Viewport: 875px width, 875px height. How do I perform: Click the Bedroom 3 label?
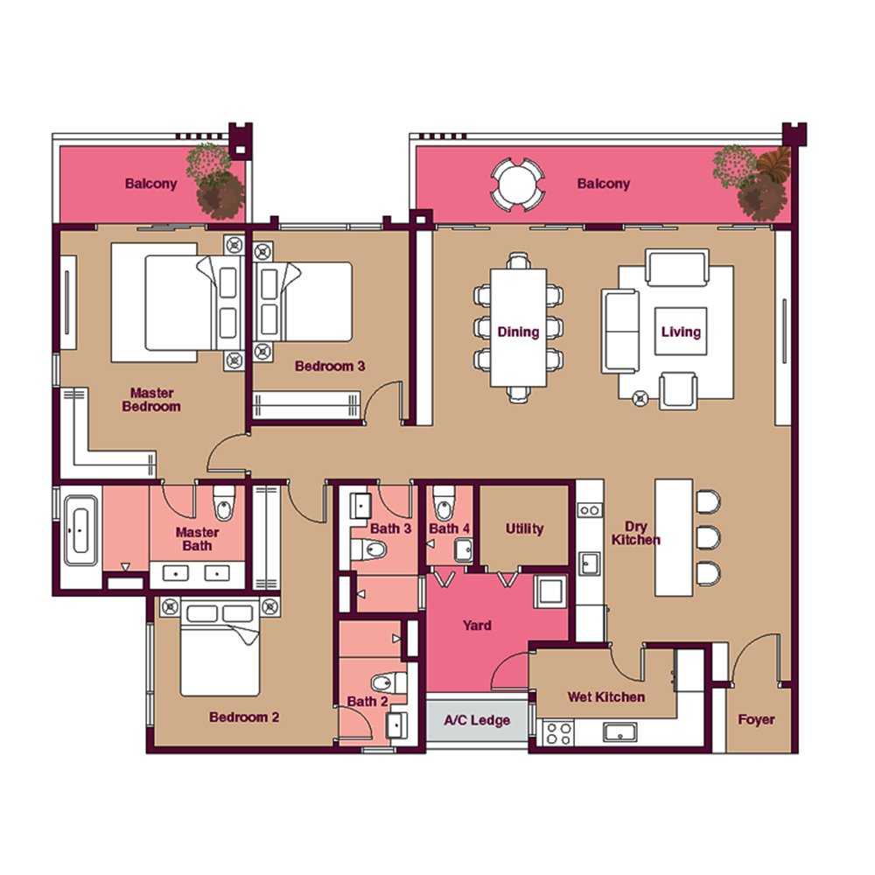[x=330, y=366]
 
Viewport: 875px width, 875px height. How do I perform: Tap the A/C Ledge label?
[x=477, y=720]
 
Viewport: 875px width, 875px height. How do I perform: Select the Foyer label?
[x=756, y=719]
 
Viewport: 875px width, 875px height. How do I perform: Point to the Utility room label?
[x=524, y=528]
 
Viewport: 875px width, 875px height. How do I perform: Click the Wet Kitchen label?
[x=606, y=697]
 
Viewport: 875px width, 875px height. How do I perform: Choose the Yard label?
[x=477, y=625]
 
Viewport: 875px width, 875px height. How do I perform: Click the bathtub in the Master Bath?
[x=80, y=530]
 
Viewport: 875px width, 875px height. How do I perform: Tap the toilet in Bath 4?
[x=444, y=503]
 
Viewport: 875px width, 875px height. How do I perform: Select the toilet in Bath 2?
[x=389, y=682]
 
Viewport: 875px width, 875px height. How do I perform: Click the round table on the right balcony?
[x=517, y=185]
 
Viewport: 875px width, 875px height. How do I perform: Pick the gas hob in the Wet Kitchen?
[x=558, y=732]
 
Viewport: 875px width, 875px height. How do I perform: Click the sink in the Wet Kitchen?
[x=619, y=732]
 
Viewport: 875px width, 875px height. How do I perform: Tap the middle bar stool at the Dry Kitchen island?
[x=708, y=537]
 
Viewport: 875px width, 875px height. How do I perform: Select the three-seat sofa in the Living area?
[x=620, y=331]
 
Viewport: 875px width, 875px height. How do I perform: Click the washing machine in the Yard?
[x=550, y=591]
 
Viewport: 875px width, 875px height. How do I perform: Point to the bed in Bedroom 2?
[x=220, y=647]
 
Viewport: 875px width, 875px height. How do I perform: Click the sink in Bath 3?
[x=360, y=506]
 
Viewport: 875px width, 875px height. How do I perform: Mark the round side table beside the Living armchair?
[x=640, y=398]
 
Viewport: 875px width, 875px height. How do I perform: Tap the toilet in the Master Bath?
[x=224, y=503]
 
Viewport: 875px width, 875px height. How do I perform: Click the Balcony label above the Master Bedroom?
[x=150, y=184]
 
